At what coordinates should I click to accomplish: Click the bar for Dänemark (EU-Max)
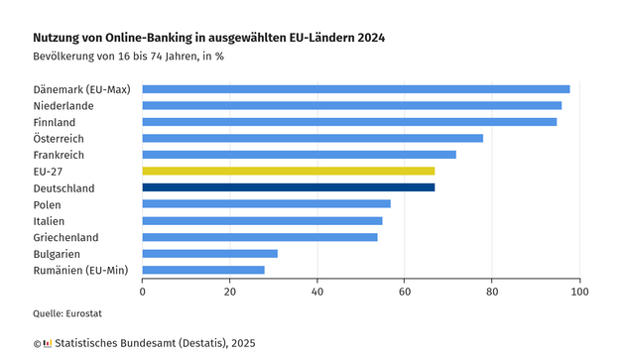pos(355,89)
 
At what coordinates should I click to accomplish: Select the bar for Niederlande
pos(351,105)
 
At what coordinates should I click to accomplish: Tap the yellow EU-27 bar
pos(288,171)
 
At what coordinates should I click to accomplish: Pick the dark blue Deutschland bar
pos(288,187)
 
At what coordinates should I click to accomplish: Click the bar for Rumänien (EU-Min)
pos(203,270)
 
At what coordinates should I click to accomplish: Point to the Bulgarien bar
pos(209,253)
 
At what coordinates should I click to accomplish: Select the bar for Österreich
pos(313,138)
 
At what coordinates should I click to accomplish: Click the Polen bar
pos(266,203)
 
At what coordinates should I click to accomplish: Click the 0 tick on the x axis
pos(143,292)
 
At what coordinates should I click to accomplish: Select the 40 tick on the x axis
pos(317,292)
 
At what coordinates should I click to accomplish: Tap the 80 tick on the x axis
pos(492,292)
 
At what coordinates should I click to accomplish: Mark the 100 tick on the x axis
pos(579,292)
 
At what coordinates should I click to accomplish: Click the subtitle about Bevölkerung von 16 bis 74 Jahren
pos(129,56)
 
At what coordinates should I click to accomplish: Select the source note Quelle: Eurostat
pos(67,314)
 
